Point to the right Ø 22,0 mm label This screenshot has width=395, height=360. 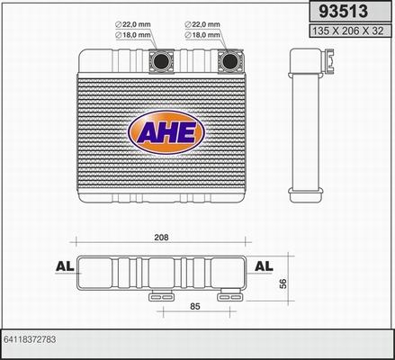203,24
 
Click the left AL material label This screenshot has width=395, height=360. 64,266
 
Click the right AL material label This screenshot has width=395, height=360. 264,266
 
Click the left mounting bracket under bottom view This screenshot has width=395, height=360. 158,295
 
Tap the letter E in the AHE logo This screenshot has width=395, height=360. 190,132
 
